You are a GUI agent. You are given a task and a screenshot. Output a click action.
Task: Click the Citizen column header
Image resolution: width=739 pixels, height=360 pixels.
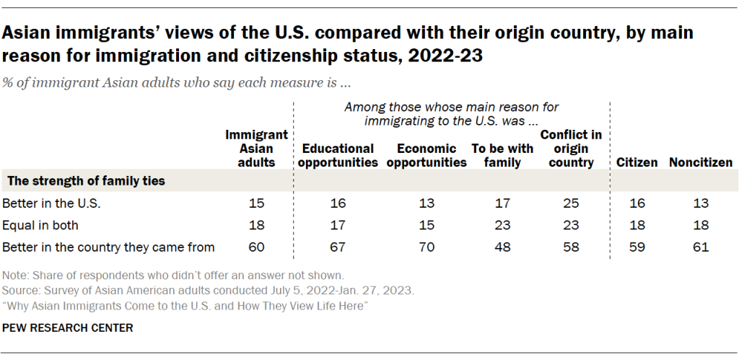pyautogui.click(x=637, y=162)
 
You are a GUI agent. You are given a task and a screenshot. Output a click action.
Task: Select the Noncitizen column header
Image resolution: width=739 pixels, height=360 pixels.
pyautogui.click(x=701, y=162)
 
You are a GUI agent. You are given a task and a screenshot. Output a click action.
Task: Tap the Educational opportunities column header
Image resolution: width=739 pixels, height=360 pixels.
pyautogui.click(x=338, y=155)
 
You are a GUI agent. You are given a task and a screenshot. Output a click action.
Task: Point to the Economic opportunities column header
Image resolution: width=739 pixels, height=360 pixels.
pyautogui.click(x=427, y=155)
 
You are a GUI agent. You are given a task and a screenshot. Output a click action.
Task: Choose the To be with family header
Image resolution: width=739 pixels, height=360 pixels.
pyautogui.click(x=502, y=155)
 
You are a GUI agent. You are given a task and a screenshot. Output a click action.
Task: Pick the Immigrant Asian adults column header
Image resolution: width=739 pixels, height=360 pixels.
pyautogui.click(x=257, y=149)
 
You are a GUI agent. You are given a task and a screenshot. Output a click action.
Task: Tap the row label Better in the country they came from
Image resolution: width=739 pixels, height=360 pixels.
pyautogui.click(x=109, y=247)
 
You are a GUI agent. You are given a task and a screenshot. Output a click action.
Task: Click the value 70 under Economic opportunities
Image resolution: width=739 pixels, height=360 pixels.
pyautogui.click(x=427, y=247)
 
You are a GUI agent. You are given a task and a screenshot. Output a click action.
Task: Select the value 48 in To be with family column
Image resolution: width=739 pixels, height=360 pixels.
pyautogui.click(x=502, y=247)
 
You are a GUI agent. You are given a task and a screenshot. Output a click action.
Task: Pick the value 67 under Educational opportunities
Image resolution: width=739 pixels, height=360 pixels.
pyautogui.click(x=338, y=247)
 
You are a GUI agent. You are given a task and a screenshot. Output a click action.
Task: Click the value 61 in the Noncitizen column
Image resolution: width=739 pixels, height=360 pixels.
pyautogui.click(x=701, y=247)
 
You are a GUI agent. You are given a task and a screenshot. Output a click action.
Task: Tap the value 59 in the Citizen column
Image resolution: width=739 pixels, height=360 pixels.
pyautogui.click(x=637, y=247)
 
